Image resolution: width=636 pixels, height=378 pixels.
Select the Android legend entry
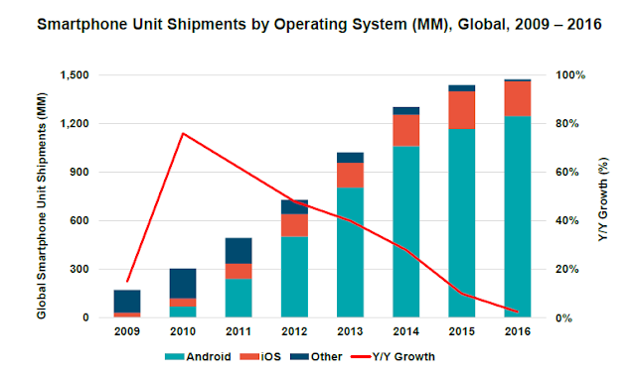click(x=198, y=356)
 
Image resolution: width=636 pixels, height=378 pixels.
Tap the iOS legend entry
click(x=260, y=356)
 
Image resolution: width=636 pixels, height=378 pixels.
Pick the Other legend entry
click(x=316, y=356)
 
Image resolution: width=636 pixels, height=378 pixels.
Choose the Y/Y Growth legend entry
click(x=393, y=356)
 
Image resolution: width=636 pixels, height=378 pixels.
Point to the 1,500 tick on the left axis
click(x=75, y=75)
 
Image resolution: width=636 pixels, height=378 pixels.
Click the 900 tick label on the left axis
click(x=79, y=173)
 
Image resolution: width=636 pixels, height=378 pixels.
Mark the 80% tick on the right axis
click(x=567, y=124)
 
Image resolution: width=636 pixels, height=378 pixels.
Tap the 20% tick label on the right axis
click(x=567, y=270)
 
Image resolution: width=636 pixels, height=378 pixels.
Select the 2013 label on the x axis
click(x=350, y=331)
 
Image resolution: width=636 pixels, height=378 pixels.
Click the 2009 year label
click(x=127, y=331)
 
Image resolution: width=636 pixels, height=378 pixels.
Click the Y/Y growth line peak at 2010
click(x=183, y=133)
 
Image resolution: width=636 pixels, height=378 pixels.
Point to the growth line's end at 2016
click(x=517, y=312)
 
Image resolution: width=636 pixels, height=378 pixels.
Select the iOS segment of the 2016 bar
click(x=518, y=99)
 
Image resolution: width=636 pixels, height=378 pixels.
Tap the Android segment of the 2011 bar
click(x=238, y=298)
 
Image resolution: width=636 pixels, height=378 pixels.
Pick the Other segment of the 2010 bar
click(x=183, y=284)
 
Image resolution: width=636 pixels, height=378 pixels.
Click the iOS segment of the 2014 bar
click(x=406, y=130)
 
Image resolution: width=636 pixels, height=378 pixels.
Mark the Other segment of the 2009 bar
click(x=127, y=302)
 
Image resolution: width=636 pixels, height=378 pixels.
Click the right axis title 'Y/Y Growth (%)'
click(x=603, y=199)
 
